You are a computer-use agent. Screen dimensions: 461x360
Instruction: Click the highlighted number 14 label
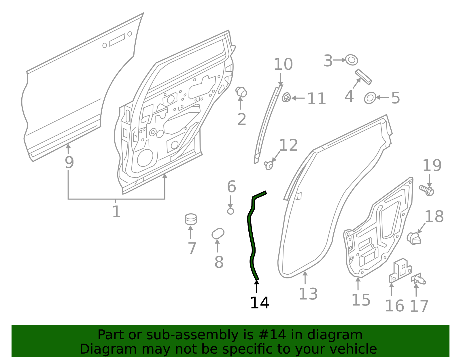pyautogui.click(x=260, y=303)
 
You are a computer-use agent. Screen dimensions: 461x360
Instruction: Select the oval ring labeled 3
pyautogui.click(x=352, y=60)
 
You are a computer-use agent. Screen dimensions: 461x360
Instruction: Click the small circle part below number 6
pyautogui.click(x=231, y=211)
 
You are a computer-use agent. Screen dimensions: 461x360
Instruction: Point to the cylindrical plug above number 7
pyautogui.click(x=191, y=219)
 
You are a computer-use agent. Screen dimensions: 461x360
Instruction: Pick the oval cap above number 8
pyautogui.click(x=218, y=233)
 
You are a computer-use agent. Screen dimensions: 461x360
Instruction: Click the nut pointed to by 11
pyautogui.click(x=286, y=97)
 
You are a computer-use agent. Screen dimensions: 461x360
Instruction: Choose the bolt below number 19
pyautogui.click(x=426, y=190)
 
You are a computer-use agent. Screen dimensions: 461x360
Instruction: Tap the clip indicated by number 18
pyautogui.click(x=414, y=238)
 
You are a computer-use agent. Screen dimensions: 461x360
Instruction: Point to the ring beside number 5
pyautogui.click(x=370, y=98)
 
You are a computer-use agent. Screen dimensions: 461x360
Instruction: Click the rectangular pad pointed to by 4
pyautogui.click(x=363, y=77)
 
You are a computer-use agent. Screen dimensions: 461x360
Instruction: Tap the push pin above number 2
pyautogui.click(x=241, y=92)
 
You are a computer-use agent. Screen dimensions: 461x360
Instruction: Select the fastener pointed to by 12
pyautogui.click(x=269, y=165)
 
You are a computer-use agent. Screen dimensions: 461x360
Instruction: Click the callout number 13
pyautogui.click(x=308, y=294)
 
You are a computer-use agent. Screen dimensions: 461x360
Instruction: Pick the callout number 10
pyautogui.click(x=283, y=64)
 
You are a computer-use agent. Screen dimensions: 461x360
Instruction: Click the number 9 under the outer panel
pyautogui.click(x=69, y=162)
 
